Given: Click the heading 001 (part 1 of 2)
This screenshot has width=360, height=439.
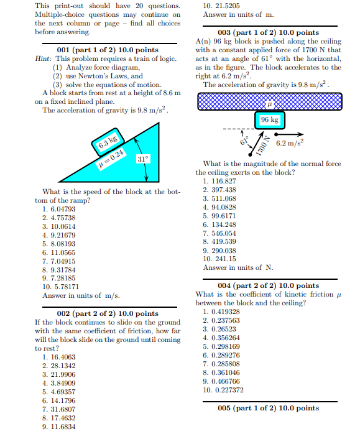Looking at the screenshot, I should coord(107,50).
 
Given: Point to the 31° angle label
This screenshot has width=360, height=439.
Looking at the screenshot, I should coord(142,159).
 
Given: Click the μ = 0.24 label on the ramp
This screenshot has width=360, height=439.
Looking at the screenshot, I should coord(113,154).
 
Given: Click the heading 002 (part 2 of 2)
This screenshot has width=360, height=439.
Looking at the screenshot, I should coord(107,313).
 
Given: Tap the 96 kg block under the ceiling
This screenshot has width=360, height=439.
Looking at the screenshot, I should coord(269,119).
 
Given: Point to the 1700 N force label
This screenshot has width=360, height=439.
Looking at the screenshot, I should coord(261,146).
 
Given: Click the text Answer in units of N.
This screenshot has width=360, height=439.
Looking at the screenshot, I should coord(238,267).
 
